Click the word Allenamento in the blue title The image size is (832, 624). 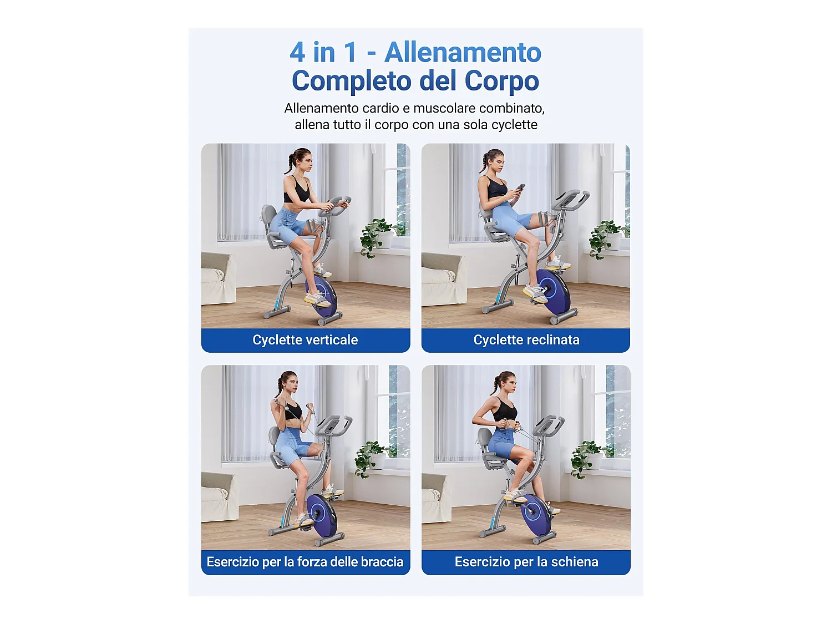point(463,53)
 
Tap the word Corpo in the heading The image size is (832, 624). point(501,81)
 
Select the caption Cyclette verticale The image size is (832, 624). point(305,340)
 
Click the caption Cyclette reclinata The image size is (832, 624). point(526,340)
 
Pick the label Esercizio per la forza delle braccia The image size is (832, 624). point(305,562)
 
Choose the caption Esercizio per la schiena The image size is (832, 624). point(526,562)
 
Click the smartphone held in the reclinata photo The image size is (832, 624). point(520,188)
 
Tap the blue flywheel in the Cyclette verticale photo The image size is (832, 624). point(322,297)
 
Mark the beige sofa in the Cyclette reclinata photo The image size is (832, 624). point(441,280)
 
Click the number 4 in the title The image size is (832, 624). point(297,53)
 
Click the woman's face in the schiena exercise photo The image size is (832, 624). point(509,383)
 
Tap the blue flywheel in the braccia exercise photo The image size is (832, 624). point(322,514)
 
